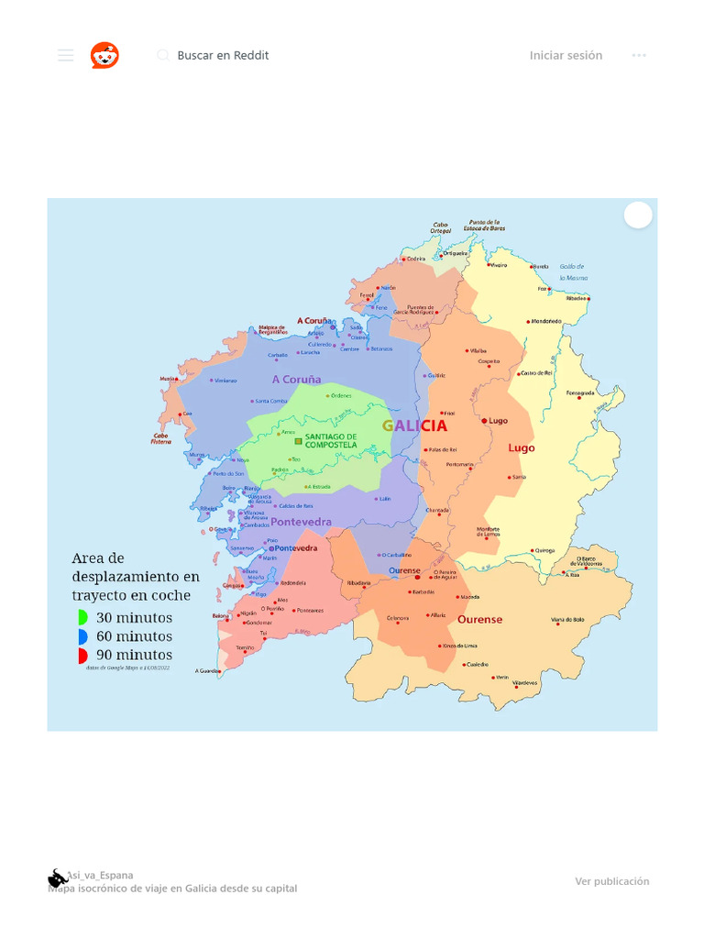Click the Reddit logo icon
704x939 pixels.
click(104, 55)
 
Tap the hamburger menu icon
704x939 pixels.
click(65, 55)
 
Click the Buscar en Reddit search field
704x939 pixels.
click(223, 55)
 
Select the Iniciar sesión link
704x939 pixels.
click(566, 55)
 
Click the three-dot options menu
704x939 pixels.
click(639, 55)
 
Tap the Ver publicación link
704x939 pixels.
click(611, 881)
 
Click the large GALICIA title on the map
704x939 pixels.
click(414, 425)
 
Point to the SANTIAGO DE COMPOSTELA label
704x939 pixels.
click(331, 440)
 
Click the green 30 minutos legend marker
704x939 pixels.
click(82, 618)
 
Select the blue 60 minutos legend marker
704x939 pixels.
click(82, 636)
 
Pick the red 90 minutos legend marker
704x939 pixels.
click(82, 656)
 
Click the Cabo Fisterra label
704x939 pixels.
click(161, 439)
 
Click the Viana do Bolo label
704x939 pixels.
click(567, 620)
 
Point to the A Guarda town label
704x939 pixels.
click(207, 671)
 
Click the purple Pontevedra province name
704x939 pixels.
click(301, 522)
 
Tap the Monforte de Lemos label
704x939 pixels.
click(489, 532)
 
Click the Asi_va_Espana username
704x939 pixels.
click(99, 875)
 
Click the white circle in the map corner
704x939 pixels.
click(638, 215)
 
